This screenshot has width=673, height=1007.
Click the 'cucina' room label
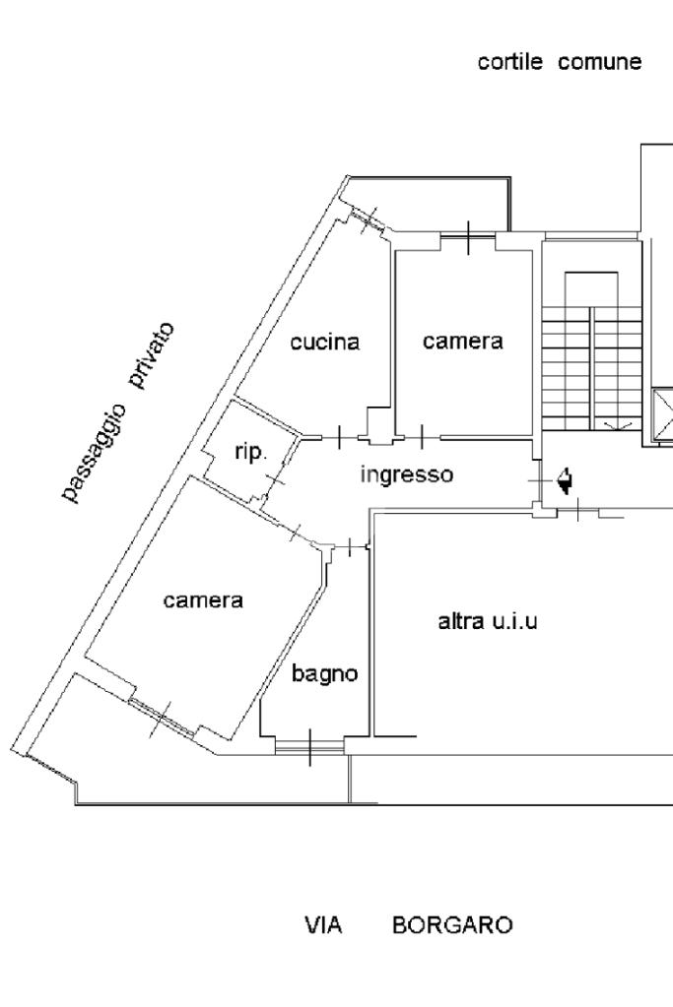[x=324, y=343]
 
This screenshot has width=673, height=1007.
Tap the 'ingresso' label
[x=406, y=474]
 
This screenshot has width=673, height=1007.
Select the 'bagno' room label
[x=323, y=674]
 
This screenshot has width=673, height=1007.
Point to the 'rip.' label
[x=248, y=453]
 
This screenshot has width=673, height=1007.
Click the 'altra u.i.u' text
[x=487, y=621]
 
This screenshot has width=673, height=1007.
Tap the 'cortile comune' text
[x=559, y=63]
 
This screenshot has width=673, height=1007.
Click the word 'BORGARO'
[x=451, y=926]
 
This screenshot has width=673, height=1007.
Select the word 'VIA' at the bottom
[x=323, y=926]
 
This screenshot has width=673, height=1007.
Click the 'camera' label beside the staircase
[x=462, y=342]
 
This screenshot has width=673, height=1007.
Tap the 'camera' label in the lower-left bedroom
[x=203, y=599]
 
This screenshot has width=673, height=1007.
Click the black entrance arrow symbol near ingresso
[x=565, y=481]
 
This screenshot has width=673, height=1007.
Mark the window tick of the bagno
[x=309, y=747]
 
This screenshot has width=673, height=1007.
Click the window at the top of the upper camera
[x=468, y=235]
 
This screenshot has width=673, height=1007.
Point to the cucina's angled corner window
[x=369, y=220]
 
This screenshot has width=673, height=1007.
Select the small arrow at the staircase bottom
[x=618, y=424]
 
